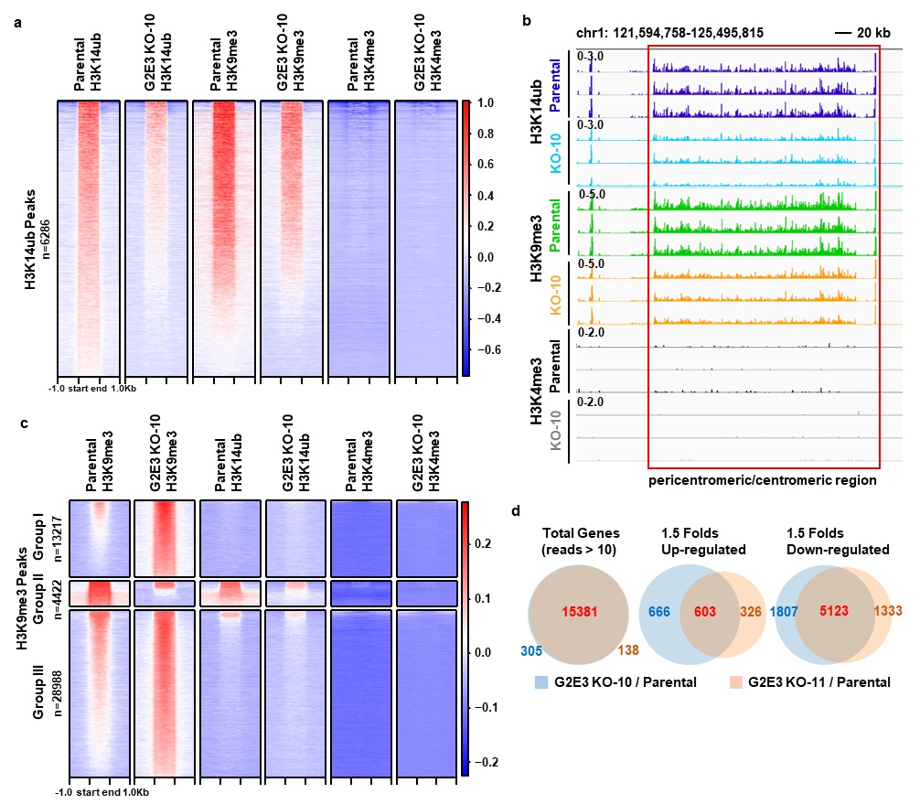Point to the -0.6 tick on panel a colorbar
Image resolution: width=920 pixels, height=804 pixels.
tap(489, 349)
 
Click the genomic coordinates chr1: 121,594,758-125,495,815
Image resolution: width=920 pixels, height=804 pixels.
tap(670, 33)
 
